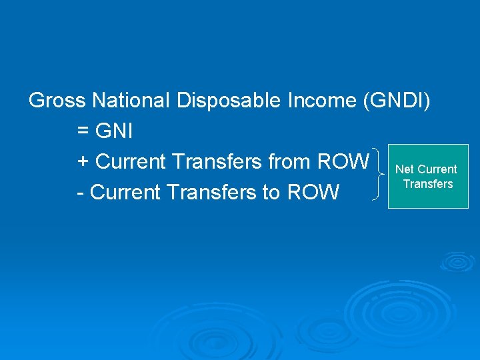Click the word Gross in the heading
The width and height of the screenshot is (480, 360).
click(x=57, y=101)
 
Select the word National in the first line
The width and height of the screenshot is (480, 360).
click(x=131, y=101)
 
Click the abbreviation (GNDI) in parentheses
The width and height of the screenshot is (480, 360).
click(x=398, y=101)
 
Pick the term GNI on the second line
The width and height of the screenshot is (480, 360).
click(x=114, y=131)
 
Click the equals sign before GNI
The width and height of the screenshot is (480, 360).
click(x=83, y=131)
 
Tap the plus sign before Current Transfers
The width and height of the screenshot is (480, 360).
click(x=83, y=162)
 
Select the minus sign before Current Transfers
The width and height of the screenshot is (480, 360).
click(x=81, y=193)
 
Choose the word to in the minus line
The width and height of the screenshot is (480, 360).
click(x=271, y=193)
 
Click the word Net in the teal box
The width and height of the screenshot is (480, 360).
click(x=405, y=169)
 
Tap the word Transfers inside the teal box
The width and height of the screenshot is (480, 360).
click(x=428, y=184)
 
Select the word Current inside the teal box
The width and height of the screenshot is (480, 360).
click(x=437, y=169)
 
